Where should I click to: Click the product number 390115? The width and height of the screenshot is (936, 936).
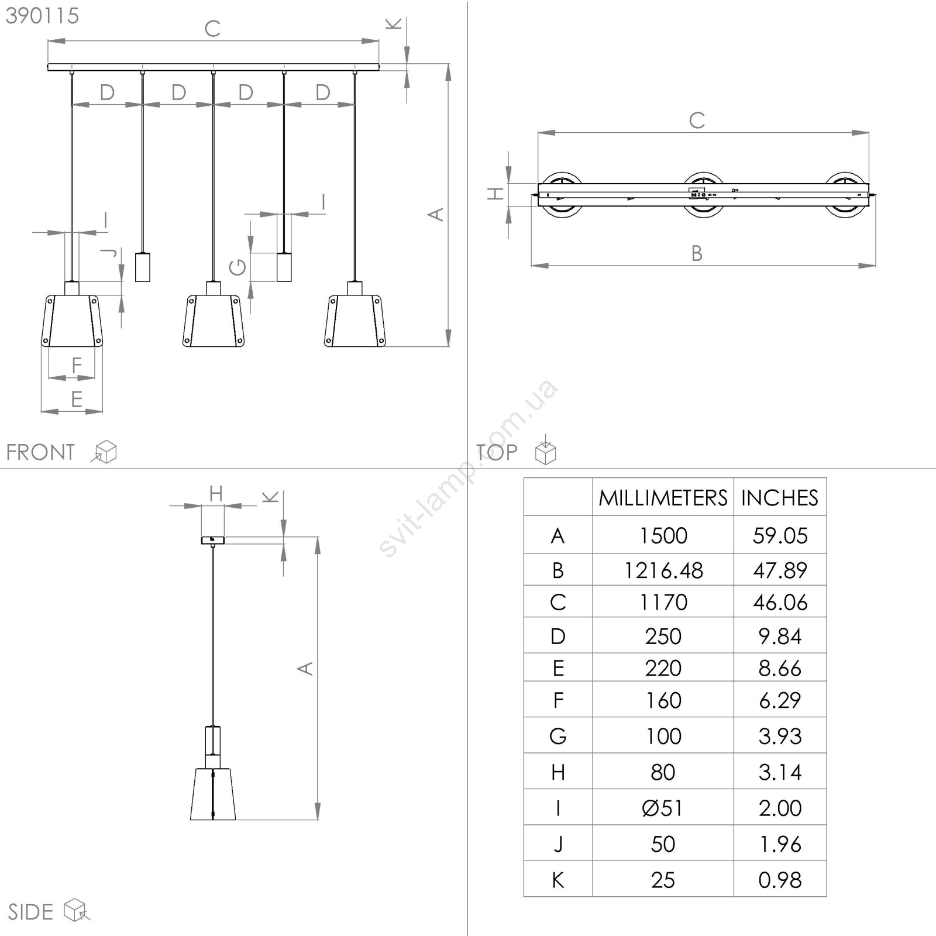(42, 16)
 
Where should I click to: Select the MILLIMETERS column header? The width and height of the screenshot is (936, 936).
(663, 498)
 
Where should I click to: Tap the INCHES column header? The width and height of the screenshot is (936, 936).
(780, 498)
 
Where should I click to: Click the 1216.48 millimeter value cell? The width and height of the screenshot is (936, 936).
(663, 570)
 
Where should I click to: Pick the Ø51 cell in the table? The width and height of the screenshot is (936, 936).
(663, 808)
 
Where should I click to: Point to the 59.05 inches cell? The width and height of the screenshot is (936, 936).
(780, 535)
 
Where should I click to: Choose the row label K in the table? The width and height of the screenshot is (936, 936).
(558, 880)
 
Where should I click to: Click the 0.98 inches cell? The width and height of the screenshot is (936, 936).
(780, 880)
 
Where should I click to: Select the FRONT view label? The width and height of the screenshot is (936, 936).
(40, 452)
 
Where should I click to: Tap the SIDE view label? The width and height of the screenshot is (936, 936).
(30, 912)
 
